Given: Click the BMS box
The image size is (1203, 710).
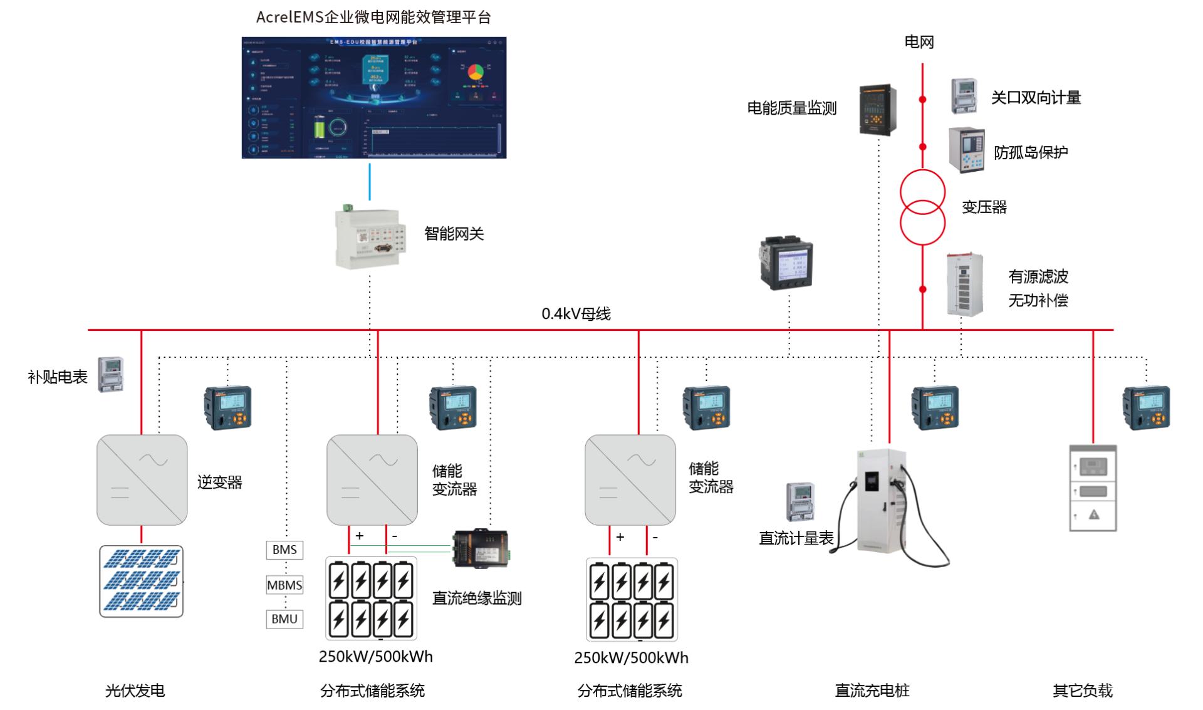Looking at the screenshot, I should pos(284,550).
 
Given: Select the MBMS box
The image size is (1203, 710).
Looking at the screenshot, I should pos(284,585).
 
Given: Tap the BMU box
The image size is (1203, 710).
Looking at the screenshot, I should pos(284,619).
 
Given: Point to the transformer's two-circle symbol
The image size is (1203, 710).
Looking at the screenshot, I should pos(922,207).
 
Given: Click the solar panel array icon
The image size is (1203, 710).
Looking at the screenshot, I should pos(142,581).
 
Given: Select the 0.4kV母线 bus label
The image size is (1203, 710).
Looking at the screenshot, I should pos(576,313).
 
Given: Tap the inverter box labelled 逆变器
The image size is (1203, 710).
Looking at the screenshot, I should pos(142,480).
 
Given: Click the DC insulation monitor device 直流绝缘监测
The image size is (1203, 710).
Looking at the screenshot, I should pos(481,548).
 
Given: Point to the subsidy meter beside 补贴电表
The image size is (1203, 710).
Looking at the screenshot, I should pos(111,375).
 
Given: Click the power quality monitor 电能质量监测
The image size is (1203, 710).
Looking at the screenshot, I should pos(877,109).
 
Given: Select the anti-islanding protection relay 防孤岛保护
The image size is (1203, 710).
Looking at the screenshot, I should pos(966,150).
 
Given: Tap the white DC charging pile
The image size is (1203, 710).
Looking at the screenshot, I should pos(883,501).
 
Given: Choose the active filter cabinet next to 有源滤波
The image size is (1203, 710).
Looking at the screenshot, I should pos(964,285).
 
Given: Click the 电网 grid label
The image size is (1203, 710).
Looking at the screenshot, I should pos(919,42).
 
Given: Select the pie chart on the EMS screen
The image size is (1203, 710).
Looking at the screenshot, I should pos(476,72).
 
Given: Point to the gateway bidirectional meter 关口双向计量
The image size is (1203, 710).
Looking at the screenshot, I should pos(964,96).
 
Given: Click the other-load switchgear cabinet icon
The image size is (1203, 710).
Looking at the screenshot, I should pos(1093,489).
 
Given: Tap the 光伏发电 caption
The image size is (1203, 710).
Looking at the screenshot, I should pos(135,691).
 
